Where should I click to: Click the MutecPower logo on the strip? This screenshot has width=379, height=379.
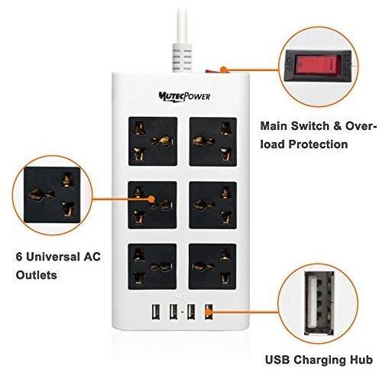184,96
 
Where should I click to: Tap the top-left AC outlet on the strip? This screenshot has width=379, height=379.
153,141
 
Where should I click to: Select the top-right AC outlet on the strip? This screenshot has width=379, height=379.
213,142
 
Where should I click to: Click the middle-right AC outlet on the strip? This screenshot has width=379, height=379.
213,205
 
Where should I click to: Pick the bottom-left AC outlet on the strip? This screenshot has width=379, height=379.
152,267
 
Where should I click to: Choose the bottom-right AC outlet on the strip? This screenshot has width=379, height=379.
212,267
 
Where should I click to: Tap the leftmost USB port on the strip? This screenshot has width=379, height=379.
155,311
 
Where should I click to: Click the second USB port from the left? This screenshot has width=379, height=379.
173,311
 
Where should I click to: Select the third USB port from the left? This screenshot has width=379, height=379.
191,311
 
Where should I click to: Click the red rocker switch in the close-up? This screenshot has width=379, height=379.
318,65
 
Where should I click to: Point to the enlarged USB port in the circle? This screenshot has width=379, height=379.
319,303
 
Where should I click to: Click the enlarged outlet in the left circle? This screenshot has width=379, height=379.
52,195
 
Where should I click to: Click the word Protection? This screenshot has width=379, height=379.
318,144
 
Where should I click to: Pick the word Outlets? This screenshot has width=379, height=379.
37,275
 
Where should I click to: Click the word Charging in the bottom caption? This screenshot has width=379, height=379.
321,360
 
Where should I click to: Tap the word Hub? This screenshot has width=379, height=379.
361,360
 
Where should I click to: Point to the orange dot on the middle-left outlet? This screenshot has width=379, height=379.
151,199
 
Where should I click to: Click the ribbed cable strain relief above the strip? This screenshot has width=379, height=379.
182,58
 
